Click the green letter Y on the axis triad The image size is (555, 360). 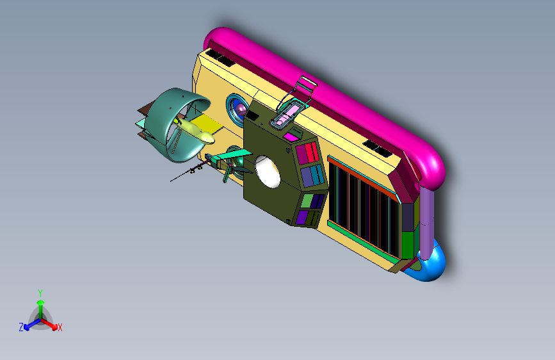pos(40,293)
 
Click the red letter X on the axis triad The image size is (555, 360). pos(60,327)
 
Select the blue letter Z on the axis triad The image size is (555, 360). pos(21,327)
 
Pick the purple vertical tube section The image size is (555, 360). pos(426,222)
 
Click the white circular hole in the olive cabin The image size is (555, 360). pos(268,172)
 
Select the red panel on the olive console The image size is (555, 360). pos(312,152)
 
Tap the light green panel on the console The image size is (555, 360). pos(307,200)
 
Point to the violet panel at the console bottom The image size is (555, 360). pos(302,217)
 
